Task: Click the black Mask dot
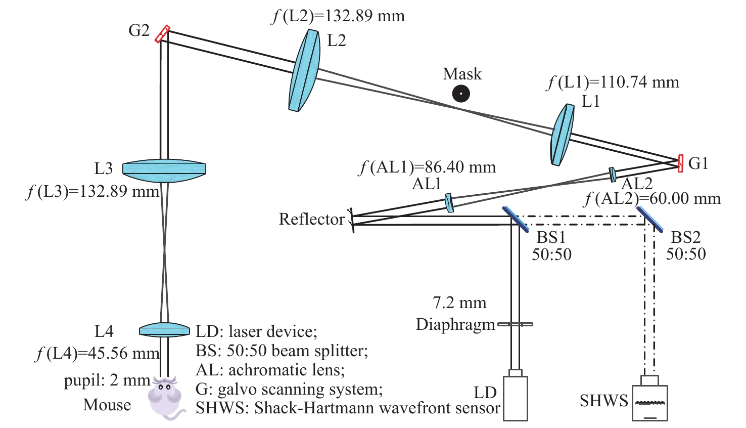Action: [461, 94]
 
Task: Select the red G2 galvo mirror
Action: [162, 34]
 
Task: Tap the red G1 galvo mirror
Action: [680, 163]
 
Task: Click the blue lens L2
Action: [304, 70]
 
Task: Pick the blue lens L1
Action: [562, 135]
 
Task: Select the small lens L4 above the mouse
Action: [164, 330]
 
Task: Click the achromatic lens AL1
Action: [449, 202]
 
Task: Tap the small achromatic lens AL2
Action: [613, 174]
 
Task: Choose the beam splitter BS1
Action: [516, 219]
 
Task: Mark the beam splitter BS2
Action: [650, 219]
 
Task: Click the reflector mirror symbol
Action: [351, 220]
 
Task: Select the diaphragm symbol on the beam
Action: [515, 324]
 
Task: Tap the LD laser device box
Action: [515, 398]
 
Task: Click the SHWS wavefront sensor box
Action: [649, 402]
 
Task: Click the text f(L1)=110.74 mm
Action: [613, 82]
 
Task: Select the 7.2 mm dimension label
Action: [459, 303]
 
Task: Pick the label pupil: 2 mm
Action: [107, 380]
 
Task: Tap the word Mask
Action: [462, 74]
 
